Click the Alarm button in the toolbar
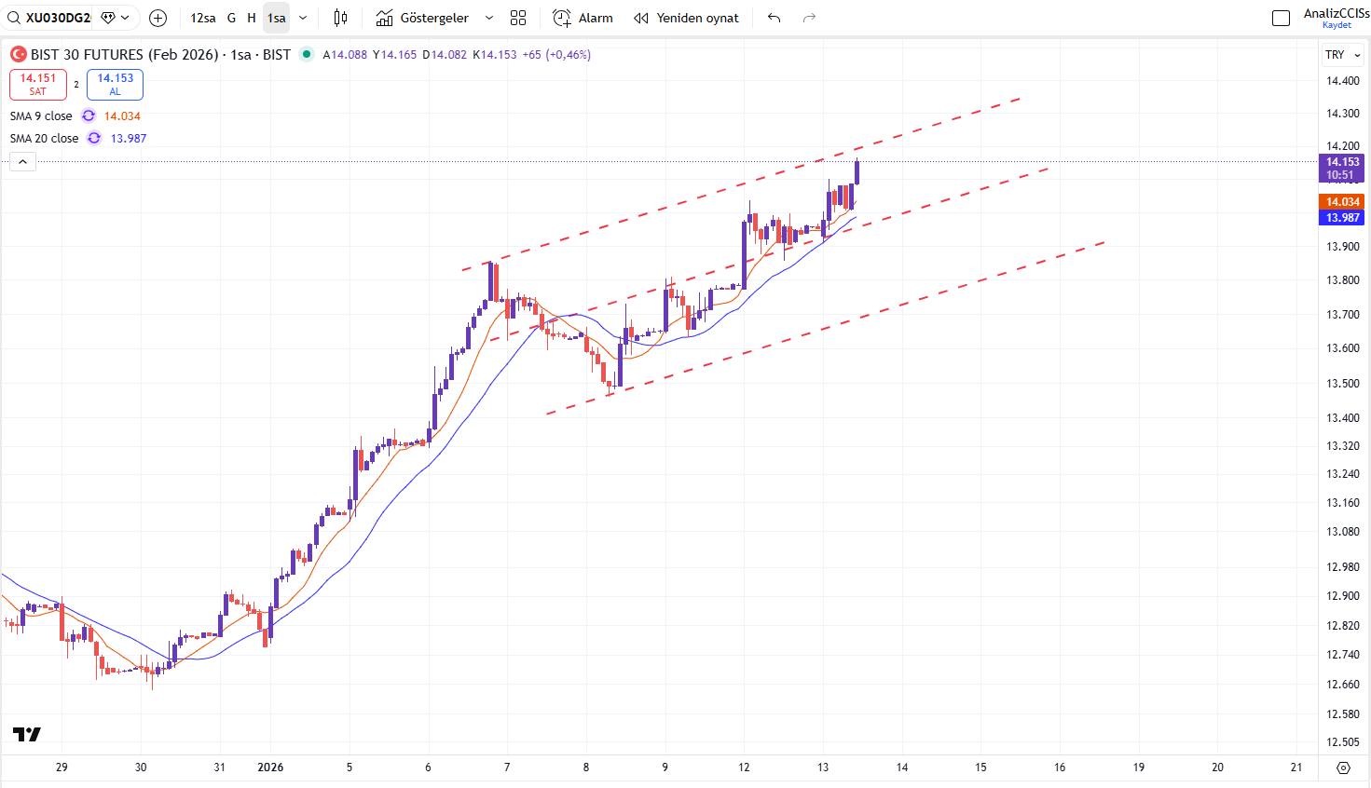coord(583,18)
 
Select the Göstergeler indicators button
coord(423,18)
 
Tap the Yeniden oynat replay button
coord(686,18)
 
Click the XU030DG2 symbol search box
coord(58,18)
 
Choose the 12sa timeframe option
coord(202,18)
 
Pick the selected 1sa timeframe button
coord(277,18)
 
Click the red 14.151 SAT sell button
coord(38,84)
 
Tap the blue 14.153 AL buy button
coord(115,84)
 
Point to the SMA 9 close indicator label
coord(41,116)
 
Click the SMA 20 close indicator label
coord(45,139)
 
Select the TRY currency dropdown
coord(1342,55)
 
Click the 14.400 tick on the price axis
coord(1343,81)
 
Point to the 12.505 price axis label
coord(1343,742)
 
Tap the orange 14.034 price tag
coord(1342,202)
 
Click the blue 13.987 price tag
coord(1342,218)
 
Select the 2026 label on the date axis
coord(270,768)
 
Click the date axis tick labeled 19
coord(1139,768)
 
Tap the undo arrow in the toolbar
coord(774,18)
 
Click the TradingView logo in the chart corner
coord(27,735)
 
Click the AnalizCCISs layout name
coord(1336,13)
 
